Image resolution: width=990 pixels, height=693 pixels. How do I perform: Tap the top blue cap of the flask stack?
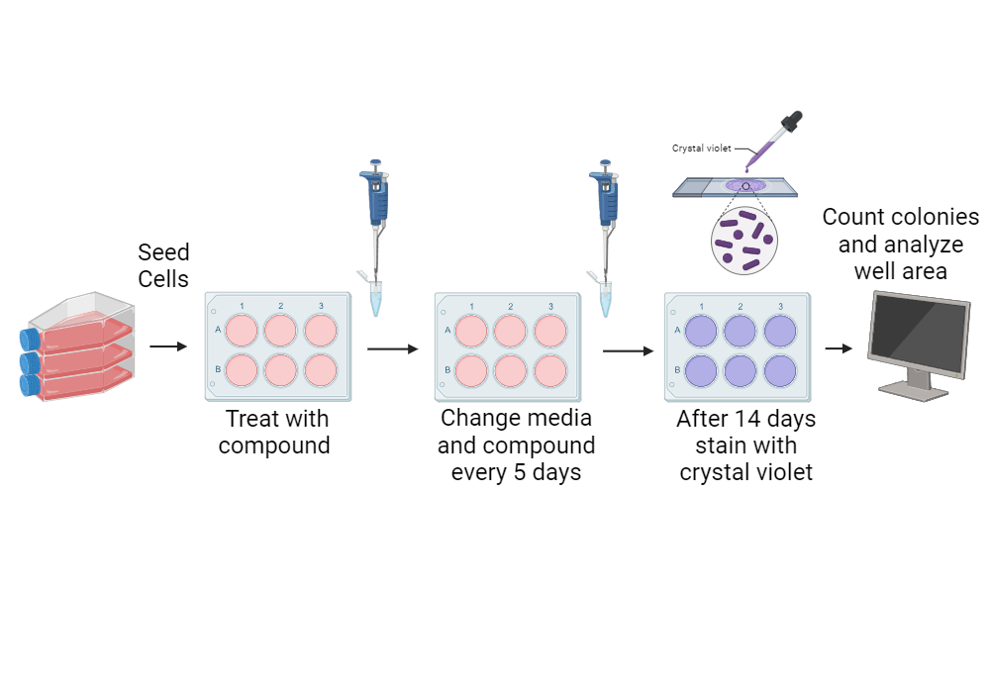(30, 338)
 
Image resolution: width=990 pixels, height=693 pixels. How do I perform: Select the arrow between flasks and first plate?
(167, 346)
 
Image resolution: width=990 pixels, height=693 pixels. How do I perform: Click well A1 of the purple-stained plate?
(702, 330)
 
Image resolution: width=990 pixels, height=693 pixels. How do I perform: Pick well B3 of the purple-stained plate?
(779, 369)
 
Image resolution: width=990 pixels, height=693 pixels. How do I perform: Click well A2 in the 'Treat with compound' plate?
(280, 330)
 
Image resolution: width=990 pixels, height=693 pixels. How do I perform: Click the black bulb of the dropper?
(792, 123)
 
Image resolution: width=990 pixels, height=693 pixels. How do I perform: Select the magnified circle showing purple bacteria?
(744, 241)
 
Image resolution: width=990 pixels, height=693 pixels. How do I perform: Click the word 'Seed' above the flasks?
(163, 252)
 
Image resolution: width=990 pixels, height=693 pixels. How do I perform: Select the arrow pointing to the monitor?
(840, 348)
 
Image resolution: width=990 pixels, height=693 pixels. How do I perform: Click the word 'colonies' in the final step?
(930, 217)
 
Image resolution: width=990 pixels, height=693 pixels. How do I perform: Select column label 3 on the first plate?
(320, 305)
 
